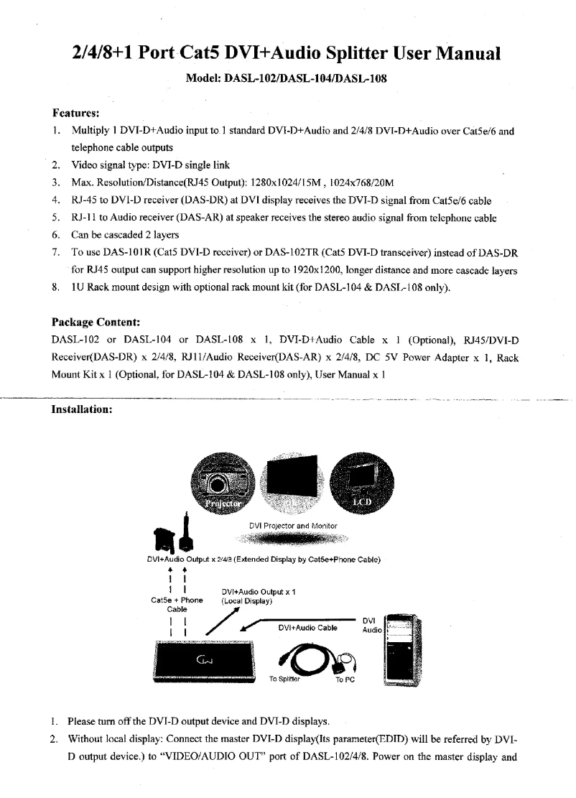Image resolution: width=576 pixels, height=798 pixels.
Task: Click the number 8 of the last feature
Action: tap(55, 289)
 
